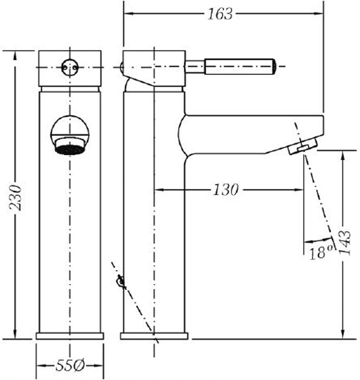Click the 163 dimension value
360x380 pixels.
[220, 14]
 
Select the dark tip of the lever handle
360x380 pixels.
[274, 67]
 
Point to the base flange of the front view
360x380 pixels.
[70, 335]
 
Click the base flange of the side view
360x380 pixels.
[154, 335]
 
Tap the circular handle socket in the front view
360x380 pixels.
[70, 67]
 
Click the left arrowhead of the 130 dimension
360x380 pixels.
[158, 190]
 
